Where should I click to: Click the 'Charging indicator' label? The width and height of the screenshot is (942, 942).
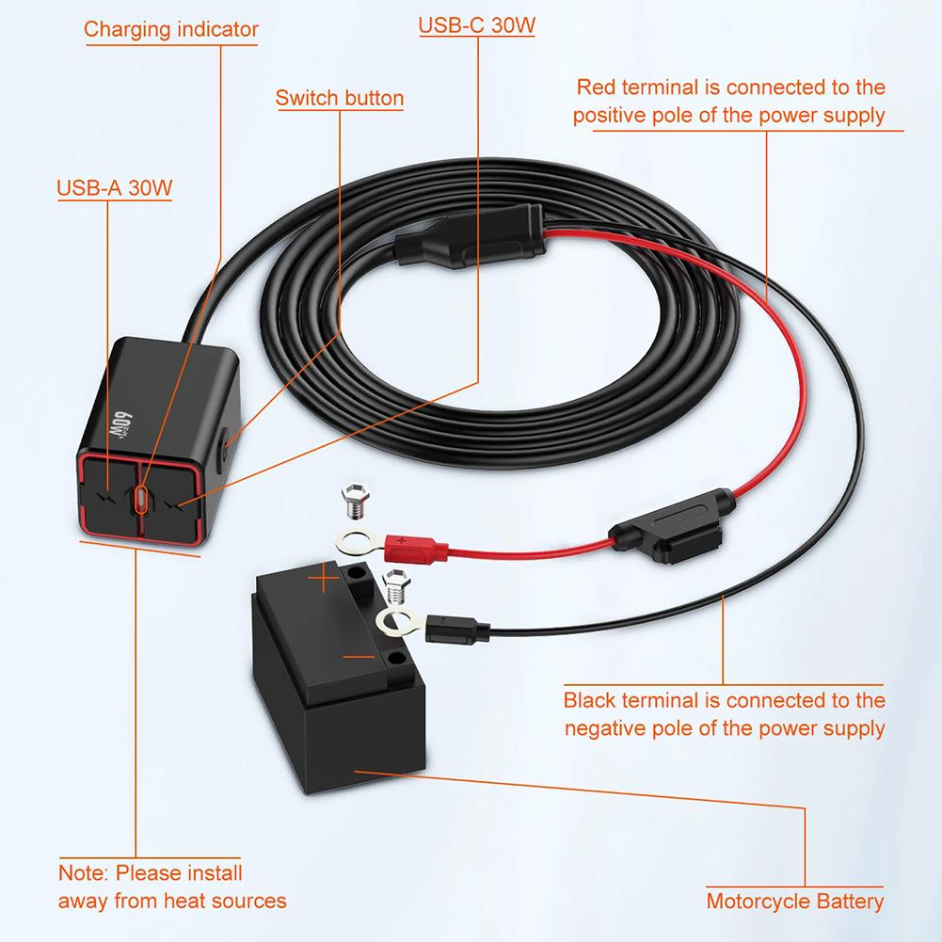click(170, 28)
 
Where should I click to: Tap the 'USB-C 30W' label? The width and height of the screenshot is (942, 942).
click(476, 24)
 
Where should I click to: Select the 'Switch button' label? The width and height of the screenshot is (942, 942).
click(340, 98)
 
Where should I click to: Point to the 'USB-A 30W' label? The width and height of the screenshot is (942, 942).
click(114, 186)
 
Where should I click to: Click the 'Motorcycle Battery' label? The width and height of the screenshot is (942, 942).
click(795, 901)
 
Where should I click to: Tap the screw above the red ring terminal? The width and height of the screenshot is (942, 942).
click(355, 500)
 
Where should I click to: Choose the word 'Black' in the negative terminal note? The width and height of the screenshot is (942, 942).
click(590, 700)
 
